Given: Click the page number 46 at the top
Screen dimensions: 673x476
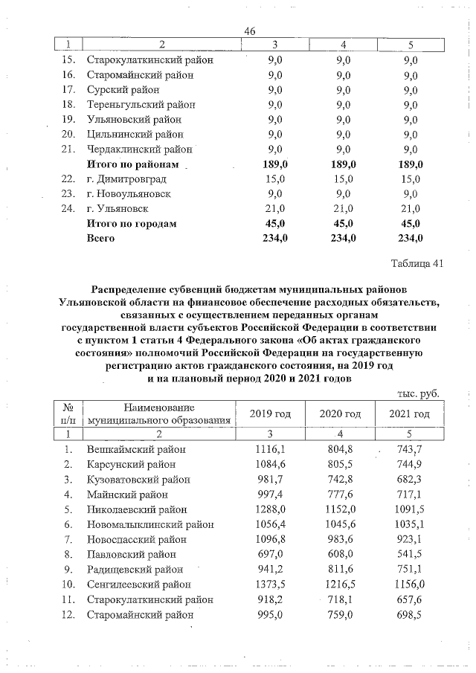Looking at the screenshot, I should [250, 30].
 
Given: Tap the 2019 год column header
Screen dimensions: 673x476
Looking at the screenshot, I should [273, 413].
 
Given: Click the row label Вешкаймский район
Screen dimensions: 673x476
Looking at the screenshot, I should [136, 449].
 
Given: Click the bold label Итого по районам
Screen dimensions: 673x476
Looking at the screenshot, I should [133, 164].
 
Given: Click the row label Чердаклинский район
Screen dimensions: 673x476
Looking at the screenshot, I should [140, 149].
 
